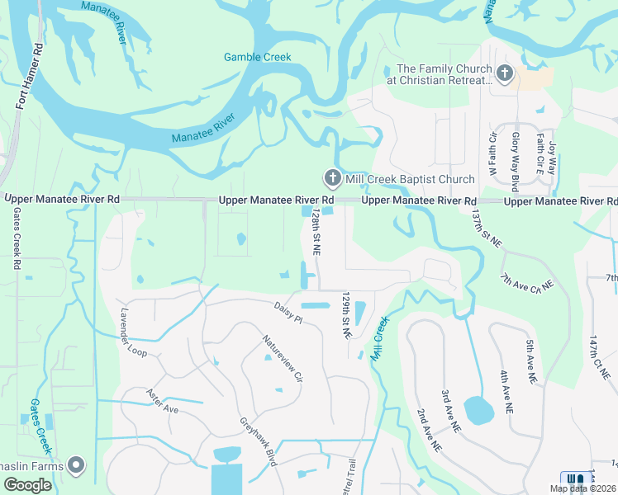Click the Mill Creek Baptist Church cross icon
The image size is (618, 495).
tap(332, 178)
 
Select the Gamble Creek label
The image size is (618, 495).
tap(258, 57)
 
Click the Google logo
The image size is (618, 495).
tap(27, 485)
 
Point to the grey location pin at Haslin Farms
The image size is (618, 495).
tap(76, 466)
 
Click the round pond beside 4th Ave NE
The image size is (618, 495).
tap(478, 409)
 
